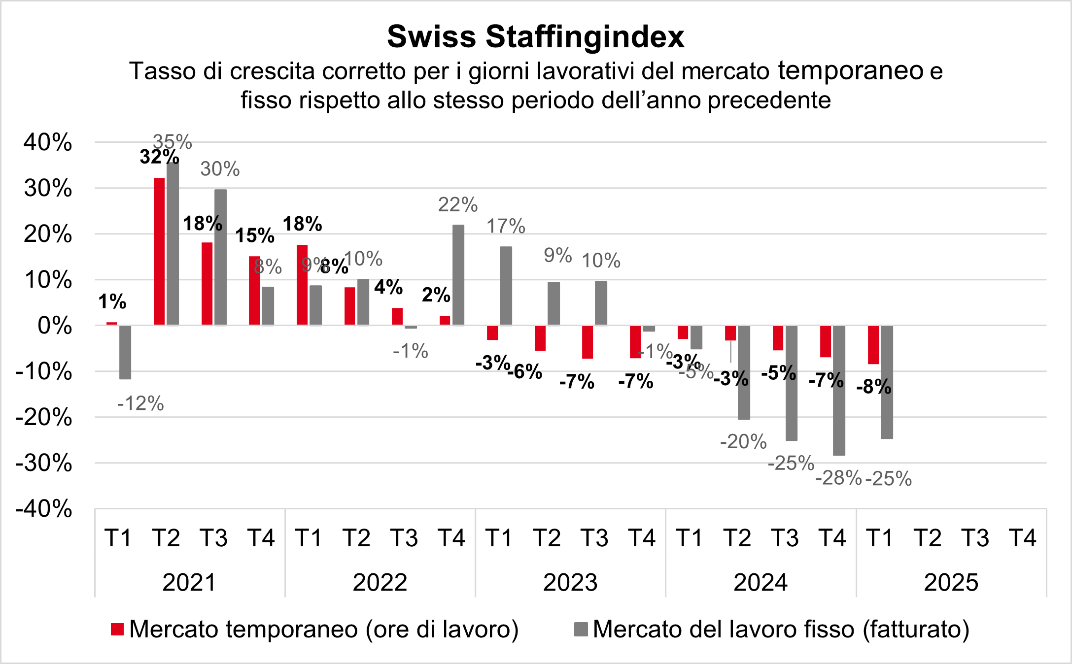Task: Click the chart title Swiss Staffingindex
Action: point(536,36)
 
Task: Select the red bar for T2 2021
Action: point(159,251)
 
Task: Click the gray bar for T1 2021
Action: point(125,352)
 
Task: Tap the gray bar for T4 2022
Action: point(458,275)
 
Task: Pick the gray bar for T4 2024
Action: point(839,390)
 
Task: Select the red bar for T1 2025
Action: point(873,345)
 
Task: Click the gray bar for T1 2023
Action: point(506,286)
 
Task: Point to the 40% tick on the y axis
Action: point(48,143)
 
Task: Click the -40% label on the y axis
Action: point(44,509)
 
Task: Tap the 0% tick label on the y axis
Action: point(55,326)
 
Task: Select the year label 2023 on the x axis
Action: point(570,583)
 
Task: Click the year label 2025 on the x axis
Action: point(951,583)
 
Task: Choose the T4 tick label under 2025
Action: point(1023,538)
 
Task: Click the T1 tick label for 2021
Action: point(118,538)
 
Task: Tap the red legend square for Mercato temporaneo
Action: point(117,630)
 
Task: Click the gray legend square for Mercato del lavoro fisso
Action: point(581,630)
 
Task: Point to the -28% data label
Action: point(838,478)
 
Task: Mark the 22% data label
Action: point(458,204)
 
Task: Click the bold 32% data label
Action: point(159,157)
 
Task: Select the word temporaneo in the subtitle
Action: point(851,70)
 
